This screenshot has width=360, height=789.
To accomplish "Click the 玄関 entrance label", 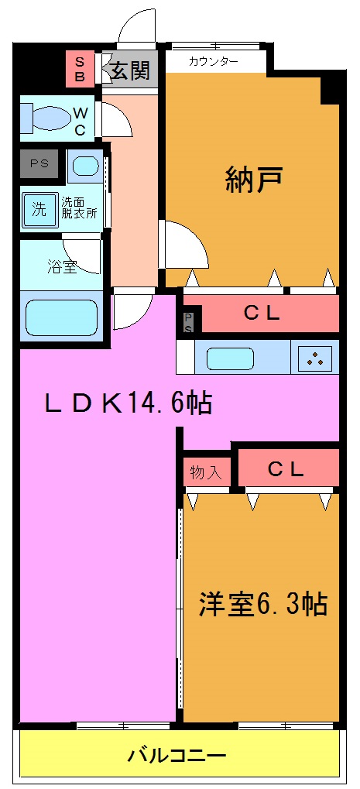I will click(x=129, y=71).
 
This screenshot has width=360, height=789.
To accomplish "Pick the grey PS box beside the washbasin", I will click(x=39, y=163).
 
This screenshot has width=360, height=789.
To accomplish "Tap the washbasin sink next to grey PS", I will click(x=85, y=166).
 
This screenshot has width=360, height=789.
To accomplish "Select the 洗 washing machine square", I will click(x=39, y=208).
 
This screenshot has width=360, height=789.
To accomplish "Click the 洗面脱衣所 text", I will click(x=80, y=208).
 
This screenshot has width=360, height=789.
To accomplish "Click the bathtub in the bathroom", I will click(x=61, y=317).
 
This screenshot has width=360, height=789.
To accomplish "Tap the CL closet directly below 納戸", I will click(x=262, y=314).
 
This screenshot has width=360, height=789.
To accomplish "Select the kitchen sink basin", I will click(x=230, y=358).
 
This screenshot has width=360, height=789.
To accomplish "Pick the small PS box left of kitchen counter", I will click(x=188, y=320).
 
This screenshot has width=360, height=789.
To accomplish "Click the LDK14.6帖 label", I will click(x=128, y=403).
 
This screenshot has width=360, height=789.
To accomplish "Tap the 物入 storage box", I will click(x=206, y=471).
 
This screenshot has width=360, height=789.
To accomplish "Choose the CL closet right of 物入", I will click(x=286, y=469).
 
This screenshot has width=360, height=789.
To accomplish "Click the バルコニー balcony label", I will click(x=177, y=755).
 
